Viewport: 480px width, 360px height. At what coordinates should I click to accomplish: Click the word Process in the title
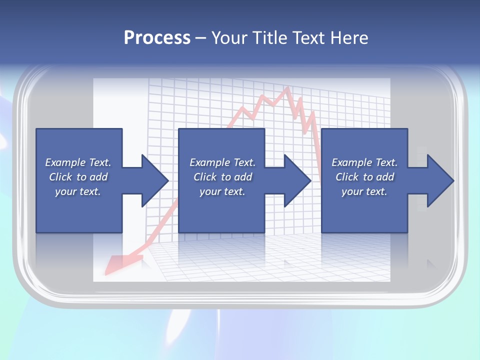pos(157,38)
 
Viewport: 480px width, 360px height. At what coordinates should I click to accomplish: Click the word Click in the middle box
pos(205,177)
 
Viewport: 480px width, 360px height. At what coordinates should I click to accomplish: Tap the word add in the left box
pos(98,177)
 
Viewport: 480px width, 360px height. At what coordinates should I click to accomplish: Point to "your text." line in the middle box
pos(222,191)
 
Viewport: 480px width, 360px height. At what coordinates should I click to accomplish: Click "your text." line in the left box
pos(78,191)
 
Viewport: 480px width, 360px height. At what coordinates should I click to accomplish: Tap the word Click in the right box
pos(347,177)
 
